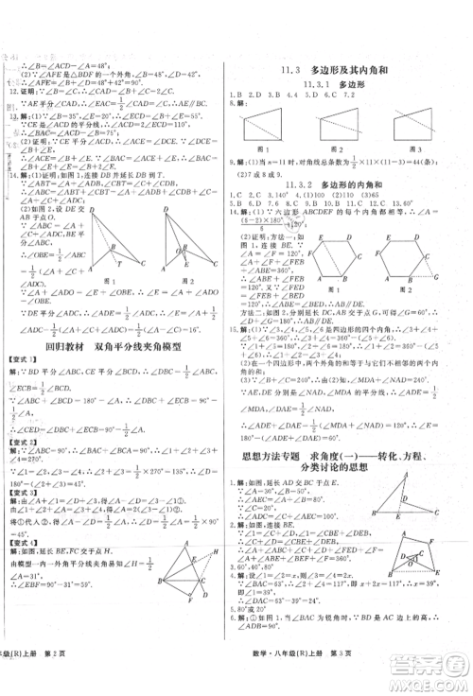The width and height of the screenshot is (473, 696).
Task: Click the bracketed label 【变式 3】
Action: [x=24, y=493]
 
